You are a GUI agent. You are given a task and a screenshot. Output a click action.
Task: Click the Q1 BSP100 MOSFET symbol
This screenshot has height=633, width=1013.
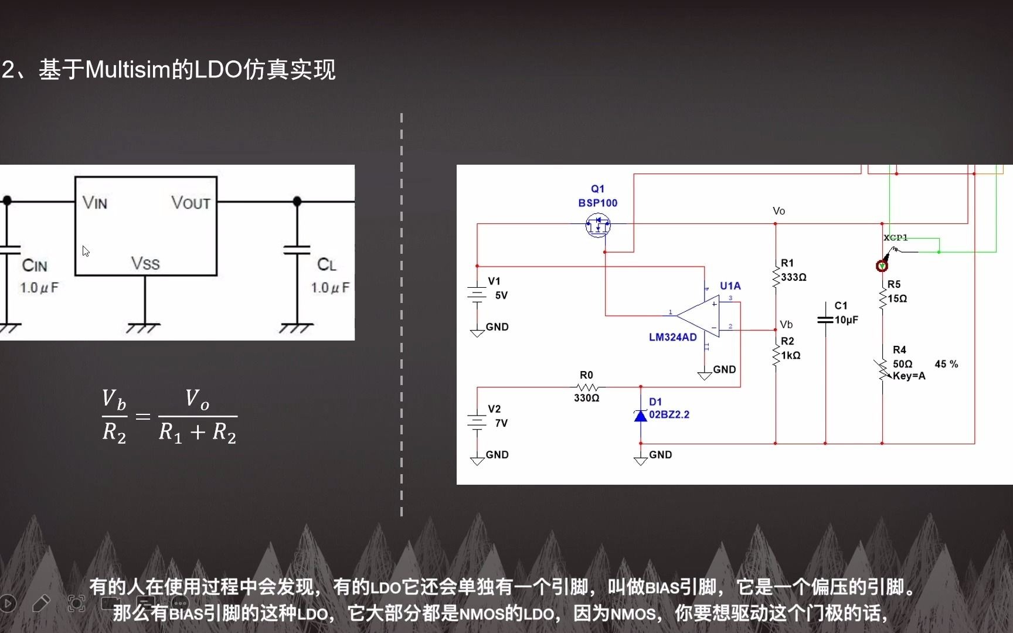coord(598,224)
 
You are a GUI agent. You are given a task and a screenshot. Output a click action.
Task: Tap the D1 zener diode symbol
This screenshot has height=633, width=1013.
coord(641,416)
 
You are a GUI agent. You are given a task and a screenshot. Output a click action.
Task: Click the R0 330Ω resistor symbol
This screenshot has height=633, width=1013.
coord(587,387)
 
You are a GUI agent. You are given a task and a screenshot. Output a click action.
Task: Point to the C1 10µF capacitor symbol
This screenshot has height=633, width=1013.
coord(825,319)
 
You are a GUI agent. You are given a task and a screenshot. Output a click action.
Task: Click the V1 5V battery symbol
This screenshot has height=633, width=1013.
coord(477,294)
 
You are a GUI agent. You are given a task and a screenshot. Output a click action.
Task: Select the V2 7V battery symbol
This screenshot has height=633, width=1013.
coord(477,422)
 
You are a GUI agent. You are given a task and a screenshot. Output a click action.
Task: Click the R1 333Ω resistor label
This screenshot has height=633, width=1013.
coord(793,270)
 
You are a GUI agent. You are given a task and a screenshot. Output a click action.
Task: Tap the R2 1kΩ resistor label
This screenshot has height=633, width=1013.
coord(790,348)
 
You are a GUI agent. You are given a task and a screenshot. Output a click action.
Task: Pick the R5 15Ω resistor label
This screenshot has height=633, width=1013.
coord(896,291)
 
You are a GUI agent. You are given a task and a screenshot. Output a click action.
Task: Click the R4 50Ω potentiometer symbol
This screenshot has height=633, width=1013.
coord(882,369)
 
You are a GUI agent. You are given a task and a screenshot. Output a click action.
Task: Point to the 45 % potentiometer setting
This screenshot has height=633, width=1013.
coord(946,364)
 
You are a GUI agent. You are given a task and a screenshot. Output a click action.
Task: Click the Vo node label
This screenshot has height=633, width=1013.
coord(779,211)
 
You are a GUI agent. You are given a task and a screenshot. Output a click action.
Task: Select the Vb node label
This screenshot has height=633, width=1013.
coord(786,324)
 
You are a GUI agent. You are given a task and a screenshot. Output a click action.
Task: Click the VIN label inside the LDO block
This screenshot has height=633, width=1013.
coord(95,203)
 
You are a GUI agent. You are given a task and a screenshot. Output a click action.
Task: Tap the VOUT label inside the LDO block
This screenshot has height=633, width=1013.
coord(191,203)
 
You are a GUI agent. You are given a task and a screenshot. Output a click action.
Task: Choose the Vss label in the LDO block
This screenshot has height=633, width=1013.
coord(145,263)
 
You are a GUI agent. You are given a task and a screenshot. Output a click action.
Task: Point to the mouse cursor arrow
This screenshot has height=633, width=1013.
coord(86,251)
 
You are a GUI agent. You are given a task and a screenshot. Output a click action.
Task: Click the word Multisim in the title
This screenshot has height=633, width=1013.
coord(128,70)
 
